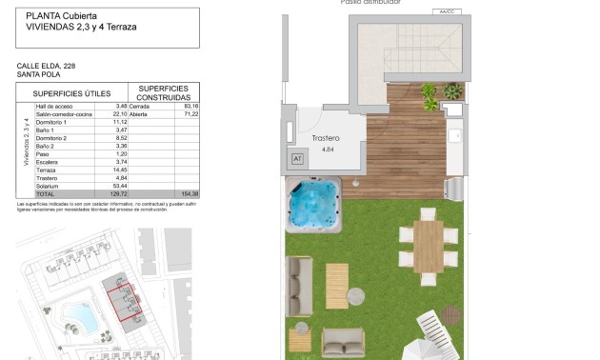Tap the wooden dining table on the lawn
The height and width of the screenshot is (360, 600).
point(429,245)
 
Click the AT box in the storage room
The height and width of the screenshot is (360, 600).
point(296,159)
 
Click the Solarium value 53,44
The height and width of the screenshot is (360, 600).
point(120,186)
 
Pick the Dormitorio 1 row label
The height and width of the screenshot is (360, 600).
point(50,122)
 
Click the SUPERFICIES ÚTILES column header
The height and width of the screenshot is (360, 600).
point(73,93)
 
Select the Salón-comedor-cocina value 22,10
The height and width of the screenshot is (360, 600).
point(120,114)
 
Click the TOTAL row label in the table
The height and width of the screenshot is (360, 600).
point(46,193)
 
